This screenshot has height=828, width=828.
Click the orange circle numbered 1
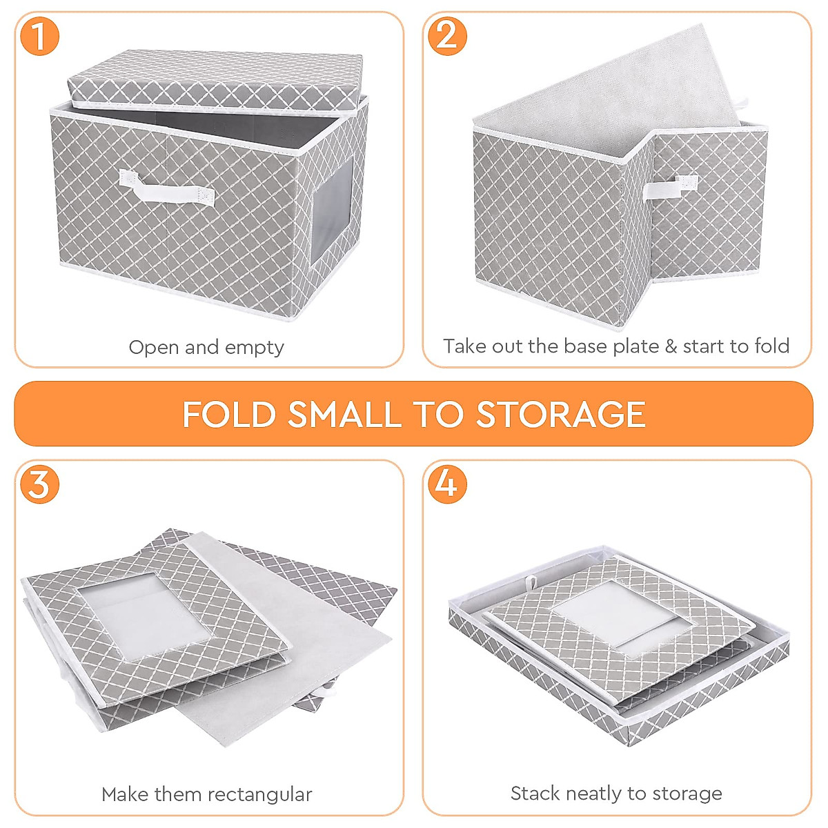pos(39,36)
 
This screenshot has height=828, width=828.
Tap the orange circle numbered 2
pos(447,35)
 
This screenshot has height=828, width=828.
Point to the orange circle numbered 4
pos(447,483)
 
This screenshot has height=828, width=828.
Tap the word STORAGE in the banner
pos(560,415)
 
